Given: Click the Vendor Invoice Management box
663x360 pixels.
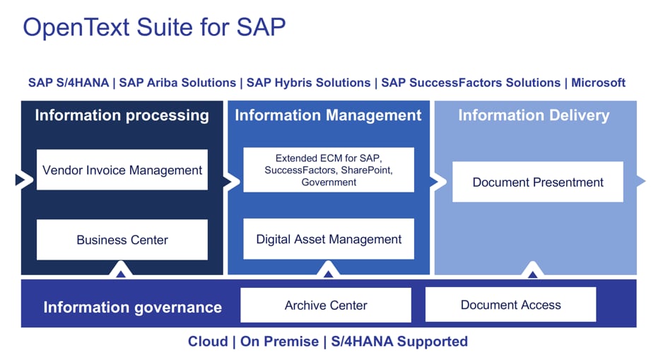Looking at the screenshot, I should (122, 170).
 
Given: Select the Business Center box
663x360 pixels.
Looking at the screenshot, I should (122, 240).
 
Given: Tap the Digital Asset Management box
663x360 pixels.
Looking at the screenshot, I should (329, 239).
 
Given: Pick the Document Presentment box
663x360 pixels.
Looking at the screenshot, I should (538, 182).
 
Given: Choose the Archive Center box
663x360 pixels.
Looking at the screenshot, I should (326, 306).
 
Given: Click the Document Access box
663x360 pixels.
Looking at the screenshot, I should (510, 305).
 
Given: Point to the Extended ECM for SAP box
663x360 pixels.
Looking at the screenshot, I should (329, 170).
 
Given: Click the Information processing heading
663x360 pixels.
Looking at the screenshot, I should (122, 115).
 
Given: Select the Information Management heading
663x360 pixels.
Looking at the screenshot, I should (328, 115).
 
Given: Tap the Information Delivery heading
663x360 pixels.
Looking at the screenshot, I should (534, 115).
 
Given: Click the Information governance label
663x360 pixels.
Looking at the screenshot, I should (132, 307).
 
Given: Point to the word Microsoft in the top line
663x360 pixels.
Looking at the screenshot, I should (598, 83).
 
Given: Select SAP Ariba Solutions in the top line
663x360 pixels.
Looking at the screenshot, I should (176, 83).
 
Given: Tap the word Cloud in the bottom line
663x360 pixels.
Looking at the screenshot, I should (207, 342).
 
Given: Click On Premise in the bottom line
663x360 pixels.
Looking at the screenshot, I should (280, 342).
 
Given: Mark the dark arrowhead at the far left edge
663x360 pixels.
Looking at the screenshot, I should (20, 181).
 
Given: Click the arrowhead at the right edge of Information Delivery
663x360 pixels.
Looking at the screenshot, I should (640, 182).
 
